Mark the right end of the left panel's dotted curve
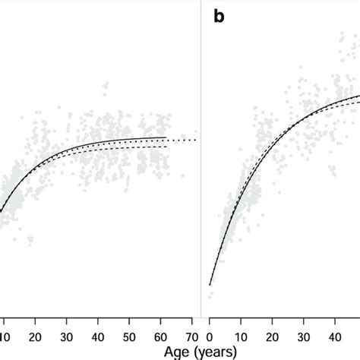point(197,140)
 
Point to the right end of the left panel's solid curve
point(166,137)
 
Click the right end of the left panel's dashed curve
point(166,147)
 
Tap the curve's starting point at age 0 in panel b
point(210,285)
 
